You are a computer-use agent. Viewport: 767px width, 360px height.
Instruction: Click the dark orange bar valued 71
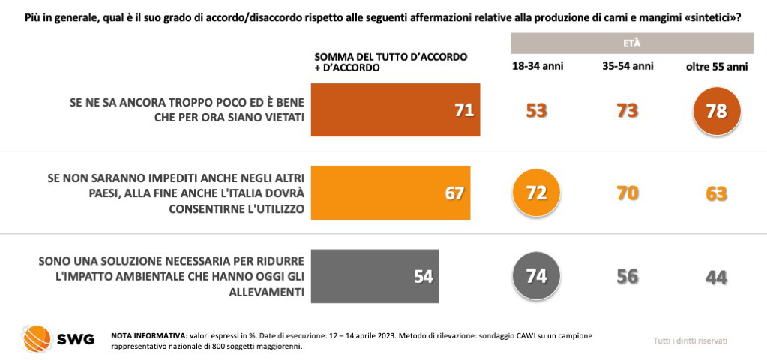click(x=395, y=110)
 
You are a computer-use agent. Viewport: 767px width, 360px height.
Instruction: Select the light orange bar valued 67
click(x=390, y=193)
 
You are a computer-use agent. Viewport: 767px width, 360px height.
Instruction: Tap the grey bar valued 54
click(x=374, y=275)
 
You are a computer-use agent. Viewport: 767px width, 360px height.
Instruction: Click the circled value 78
click(x=716, y=111)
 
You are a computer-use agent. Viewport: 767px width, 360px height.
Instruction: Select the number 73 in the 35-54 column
click(x=627, y=111)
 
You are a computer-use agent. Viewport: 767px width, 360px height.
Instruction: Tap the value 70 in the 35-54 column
click(x=627, y=193)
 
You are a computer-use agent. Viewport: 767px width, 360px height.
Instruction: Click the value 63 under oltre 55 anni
click(x=716, y=193)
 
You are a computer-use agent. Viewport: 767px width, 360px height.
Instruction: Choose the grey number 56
click(x=627, y=276)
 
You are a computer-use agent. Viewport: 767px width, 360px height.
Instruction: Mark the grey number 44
click(x=716, y=277)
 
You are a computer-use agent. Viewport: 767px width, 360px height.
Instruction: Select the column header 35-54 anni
click(x=628, y=67)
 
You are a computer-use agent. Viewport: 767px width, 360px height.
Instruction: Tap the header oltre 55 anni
click(x=717, y=67)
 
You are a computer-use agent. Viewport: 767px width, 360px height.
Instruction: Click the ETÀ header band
click(x=631, y=43)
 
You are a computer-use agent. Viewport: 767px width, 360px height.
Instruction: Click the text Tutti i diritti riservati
click(x=690, y=340)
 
